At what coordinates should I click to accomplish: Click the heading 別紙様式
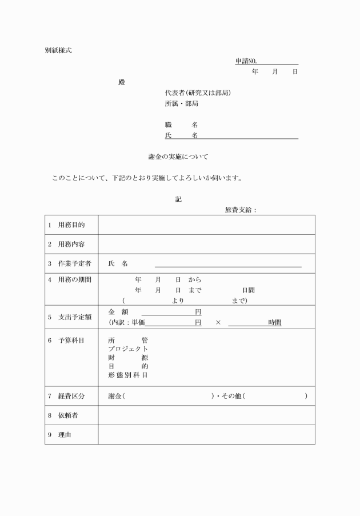click(x=58, y=50)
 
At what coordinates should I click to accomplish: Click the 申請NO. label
click(x=246, y=61)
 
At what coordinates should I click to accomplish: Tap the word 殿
click(x=121, y=82)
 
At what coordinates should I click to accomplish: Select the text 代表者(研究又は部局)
click(x=198, y=93)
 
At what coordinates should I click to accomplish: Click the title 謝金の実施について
click(x=179, y=157)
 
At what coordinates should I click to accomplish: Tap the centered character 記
click(x=179, y=199)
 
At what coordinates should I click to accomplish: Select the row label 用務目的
click(x=71, y=225)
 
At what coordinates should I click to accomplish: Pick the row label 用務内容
click(x=71, y=245)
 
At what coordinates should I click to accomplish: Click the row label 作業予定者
click(x=74, y=263)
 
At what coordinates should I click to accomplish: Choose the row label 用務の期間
click(x=74, y=280)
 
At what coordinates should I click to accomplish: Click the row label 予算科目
click(x=71, y=341)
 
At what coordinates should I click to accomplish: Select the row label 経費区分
click(x=71, y=396)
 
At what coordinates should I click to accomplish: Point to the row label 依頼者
click(x=68, y=415)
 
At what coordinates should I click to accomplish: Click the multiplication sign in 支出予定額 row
click(x=218, y=323)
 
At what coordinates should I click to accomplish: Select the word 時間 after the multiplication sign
click(x=275, y=323)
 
